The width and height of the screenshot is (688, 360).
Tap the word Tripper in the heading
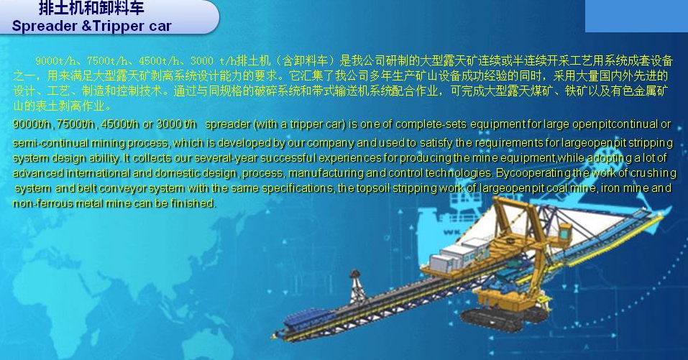(x=118, y=26)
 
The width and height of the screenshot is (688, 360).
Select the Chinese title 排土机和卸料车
(x=91, y=8)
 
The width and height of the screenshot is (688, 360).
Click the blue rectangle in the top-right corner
(x=636, y=16)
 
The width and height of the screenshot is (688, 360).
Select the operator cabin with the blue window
(x=564, y=231)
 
